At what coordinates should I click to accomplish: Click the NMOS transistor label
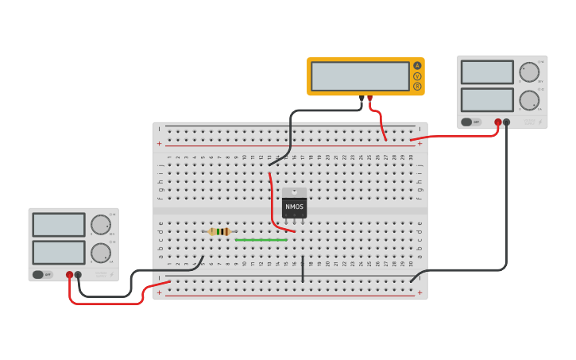(294, 207)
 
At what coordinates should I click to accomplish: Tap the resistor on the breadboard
(219, 231)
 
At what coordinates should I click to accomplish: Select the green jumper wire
(261, 239)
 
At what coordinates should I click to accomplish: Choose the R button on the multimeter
(417, 86)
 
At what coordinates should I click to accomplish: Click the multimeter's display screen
(360, 76)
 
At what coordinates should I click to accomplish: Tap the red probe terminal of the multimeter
(369, 99)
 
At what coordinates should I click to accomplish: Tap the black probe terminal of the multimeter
(361, 99)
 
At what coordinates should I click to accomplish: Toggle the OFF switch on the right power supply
(471, 122)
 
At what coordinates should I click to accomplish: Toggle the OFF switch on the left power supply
(42, 275)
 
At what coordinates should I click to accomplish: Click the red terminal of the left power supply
(69, 275)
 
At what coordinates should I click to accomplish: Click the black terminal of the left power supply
(78, 275)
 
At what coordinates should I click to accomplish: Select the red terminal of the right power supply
(498, 122)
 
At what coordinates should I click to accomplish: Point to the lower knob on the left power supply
(100, 253)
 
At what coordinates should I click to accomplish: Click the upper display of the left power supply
(59, 225)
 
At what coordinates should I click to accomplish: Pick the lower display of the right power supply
(487, 99)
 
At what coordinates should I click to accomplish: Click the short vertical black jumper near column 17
(303, 269)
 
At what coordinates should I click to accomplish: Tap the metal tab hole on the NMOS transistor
(294, 192)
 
